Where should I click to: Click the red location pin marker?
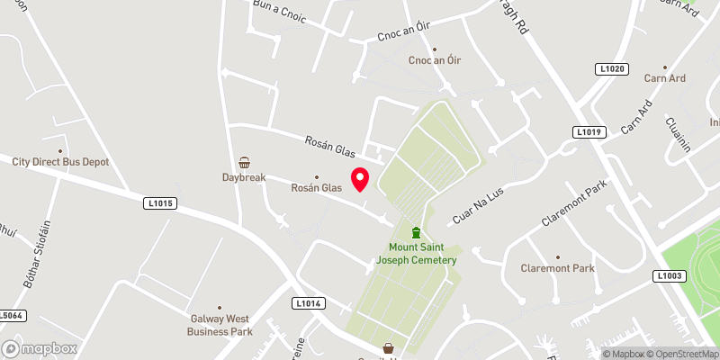tap(360, 179)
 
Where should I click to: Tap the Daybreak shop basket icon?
tap(244, 163)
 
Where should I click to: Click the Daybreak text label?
tap(244, 178)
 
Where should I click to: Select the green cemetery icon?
tap(416, 233)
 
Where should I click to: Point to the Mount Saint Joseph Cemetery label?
tap(423, 254)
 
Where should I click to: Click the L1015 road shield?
tap(159, 203)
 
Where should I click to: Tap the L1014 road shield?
tap(308, 303)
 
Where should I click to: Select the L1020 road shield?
tap(610, 68)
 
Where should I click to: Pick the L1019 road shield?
tap(588, 132)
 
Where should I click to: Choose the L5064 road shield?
tap(11, 316)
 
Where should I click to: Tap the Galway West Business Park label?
tap(219, 324)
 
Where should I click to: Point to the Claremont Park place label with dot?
tap(558, 268)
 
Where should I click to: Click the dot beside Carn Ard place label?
tap(665, 67)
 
